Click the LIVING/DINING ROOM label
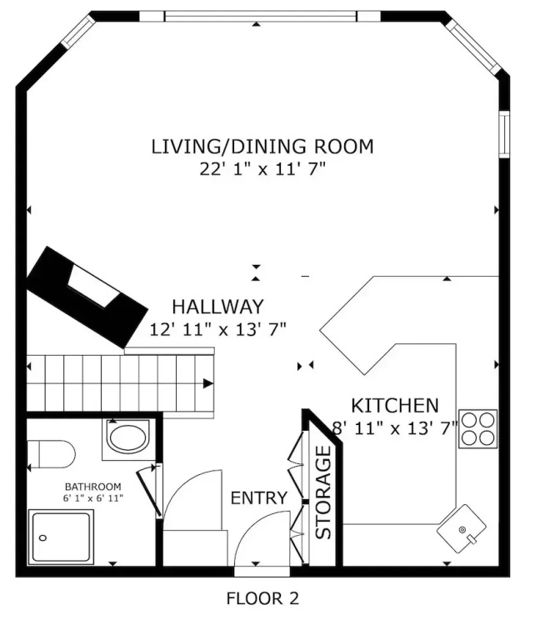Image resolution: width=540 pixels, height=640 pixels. pyautogui.click(x=262, y=147)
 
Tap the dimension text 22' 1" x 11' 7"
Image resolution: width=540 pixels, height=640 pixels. pyautogui.click(x=262, y=169)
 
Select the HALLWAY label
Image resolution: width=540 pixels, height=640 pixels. pyautogui.click(x=218, y=307)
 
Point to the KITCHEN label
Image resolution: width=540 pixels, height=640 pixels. pyautogui.click(x=395, y=406)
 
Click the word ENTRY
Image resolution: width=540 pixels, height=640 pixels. pyautogui.click(x=259, y=498)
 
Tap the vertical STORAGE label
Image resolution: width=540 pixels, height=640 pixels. pyautogui.click(x=323, y=492)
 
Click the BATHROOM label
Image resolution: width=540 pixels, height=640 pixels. pyautogui.click(x=93, y=487)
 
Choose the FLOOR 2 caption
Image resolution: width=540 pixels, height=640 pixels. pyautogui.click(x=262, y=599)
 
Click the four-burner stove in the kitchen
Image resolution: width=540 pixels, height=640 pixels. pyautogui.click(x=478, y=428)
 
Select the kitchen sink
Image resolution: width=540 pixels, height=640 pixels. pyautogui.click(x=462, y=529)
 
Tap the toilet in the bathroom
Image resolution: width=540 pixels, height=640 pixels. pyautogui.click(x=51, y=454)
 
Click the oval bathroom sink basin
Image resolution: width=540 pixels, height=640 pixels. pyautogui.click(x=127, y=438)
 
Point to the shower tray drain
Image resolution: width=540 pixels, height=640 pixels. pyautogui.click(x=42, y=538)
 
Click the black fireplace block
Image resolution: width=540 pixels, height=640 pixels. pyautogui.click(x=87, y=297)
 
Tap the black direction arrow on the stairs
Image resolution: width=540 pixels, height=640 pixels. pyautogui.click(x=208, y=383)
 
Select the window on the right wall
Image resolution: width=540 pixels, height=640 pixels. pyautogui.click(x=505, y=134)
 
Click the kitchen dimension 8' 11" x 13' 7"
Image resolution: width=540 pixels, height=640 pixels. pyautogui.click(x=395, y=428)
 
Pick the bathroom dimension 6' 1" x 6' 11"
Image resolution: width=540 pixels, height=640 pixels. pyautogui.click(x=93, y=498)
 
